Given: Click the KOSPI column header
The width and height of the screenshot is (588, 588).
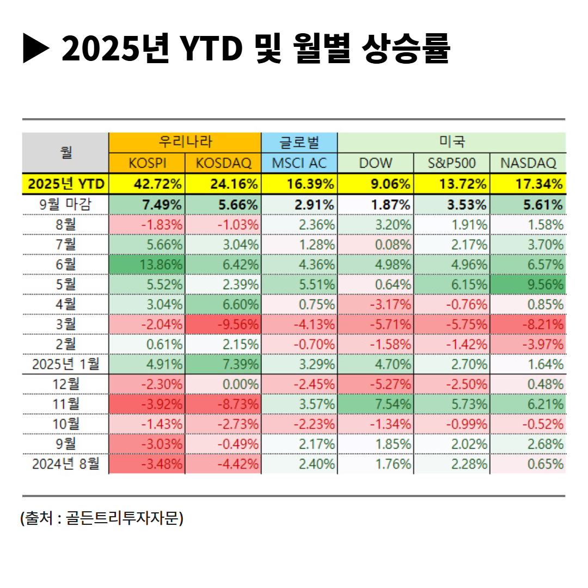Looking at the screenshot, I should tap(147, 163).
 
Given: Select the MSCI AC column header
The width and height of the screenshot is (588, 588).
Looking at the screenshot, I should tap(299, 163).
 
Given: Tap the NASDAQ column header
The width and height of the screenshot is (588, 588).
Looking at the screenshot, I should tap(528, 163).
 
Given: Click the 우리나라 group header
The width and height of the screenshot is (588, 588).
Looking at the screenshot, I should tap(185, 143).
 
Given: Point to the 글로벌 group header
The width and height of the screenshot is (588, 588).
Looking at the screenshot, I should tap(299, 143).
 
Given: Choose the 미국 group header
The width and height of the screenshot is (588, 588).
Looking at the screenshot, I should tap(452, 143).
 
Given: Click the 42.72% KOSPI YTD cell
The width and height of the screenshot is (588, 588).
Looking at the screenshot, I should tap(158, 184).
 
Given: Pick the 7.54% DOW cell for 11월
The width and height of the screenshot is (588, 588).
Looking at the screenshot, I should tap(390, 405).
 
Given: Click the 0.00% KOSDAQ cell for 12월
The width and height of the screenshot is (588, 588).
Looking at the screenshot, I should tap(237, 384).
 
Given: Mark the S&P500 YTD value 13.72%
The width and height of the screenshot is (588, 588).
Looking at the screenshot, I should tap(466, 184).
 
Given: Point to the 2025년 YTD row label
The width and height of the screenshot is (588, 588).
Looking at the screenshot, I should tap(66, 184).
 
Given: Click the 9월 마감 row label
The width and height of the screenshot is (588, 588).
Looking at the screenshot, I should tap(66, 205).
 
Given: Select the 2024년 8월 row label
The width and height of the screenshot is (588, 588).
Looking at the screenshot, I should tap(66, 464).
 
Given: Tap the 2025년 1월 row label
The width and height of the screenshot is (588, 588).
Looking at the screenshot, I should tap(66, 364).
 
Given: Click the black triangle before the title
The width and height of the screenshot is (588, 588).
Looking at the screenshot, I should tap(36, 48).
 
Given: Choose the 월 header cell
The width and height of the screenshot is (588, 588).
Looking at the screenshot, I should tap(66, 152).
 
